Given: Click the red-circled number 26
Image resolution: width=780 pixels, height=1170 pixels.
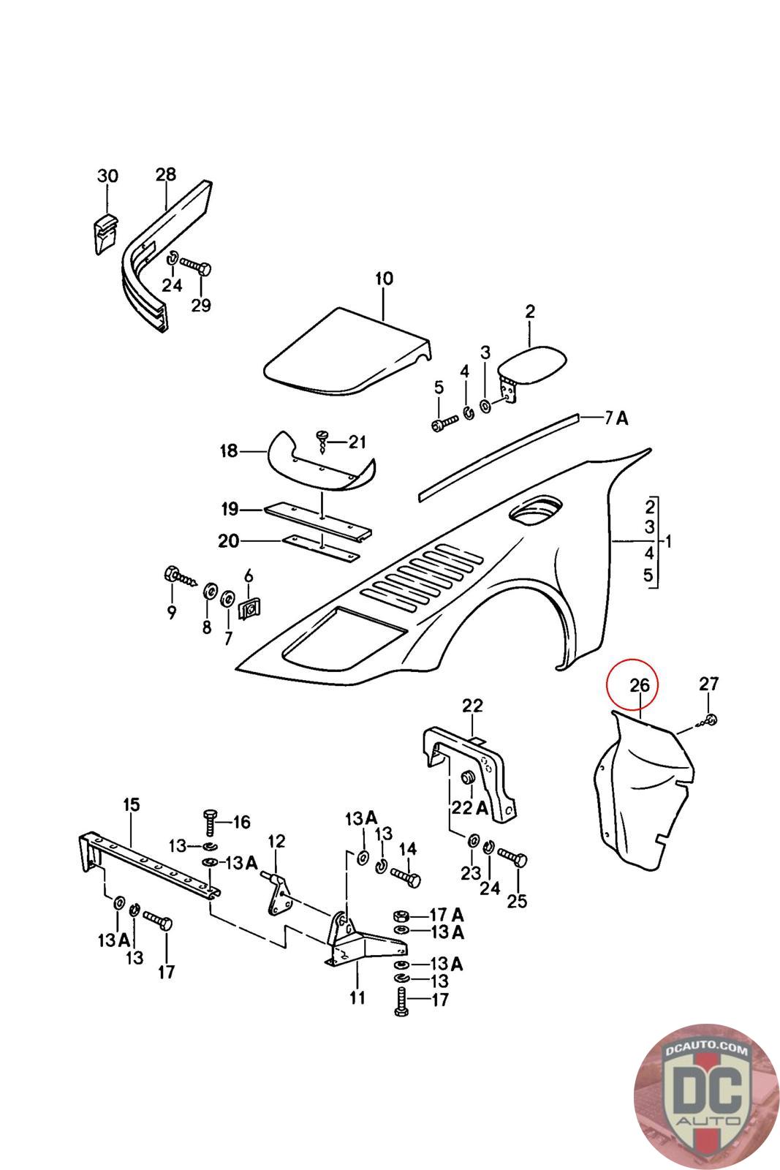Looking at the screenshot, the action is (639, 684).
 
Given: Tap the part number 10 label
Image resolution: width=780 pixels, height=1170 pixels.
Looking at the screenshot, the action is (384, 279).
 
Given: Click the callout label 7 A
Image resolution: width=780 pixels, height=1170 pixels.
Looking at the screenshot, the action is (616, 418).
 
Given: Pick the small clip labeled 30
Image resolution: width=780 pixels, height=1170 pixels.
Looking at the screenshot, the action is (105, 233).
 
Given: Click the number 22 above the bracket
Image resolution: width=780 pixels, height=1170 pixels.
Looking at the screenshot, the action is (472, 706).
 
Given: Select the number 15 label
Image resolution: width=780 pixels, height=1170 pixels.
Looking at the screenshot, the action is (131, 804).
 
